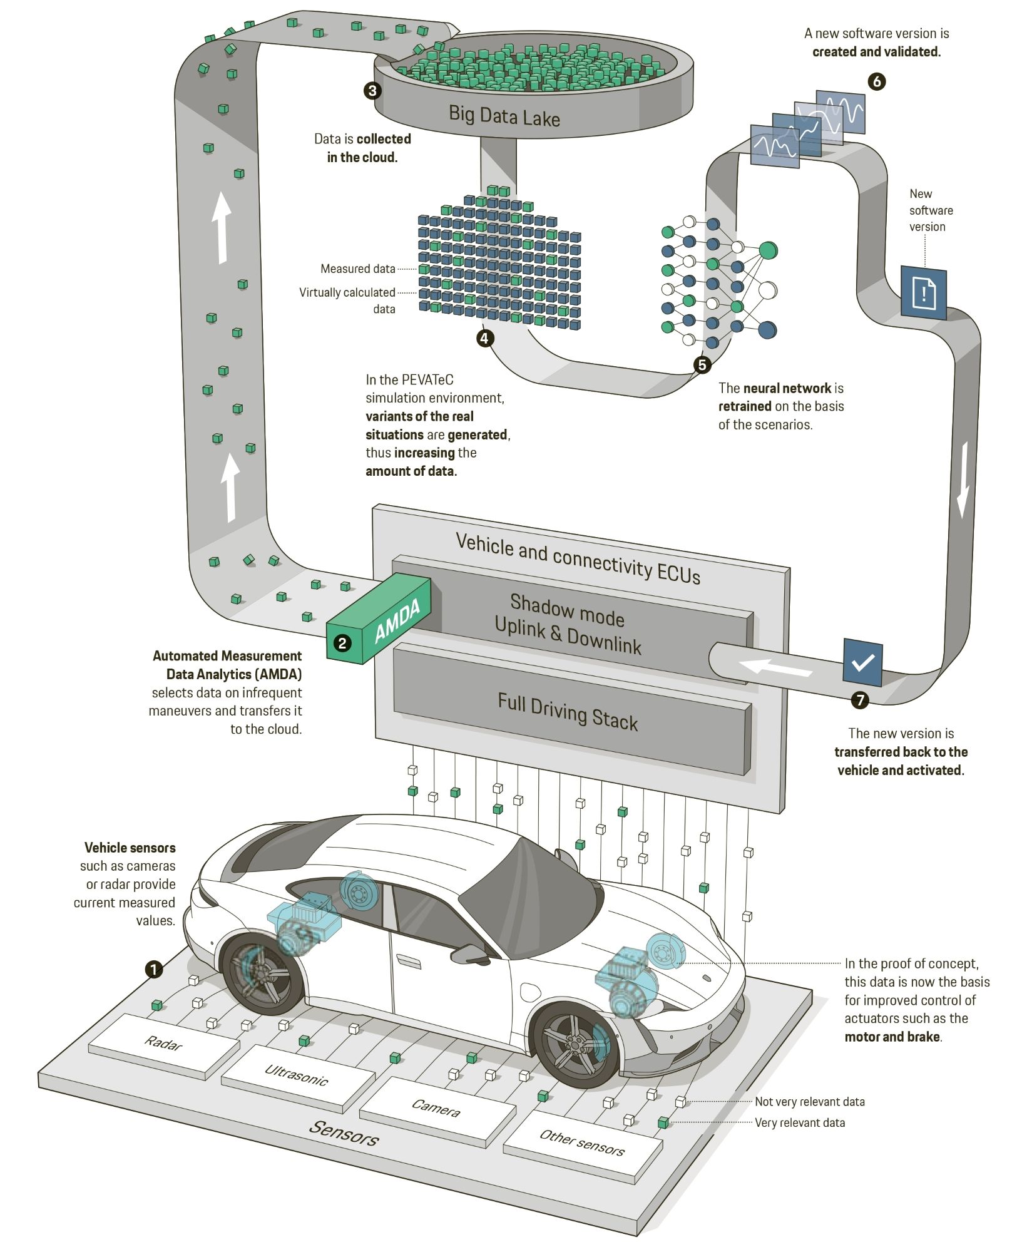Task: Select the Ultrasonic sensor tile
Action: pyautogui.click(x=297, y=1075)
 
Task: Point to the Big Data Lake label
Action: pyautogui.click(x=504, y=116)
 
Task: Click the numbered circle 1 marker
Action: pyautogui.click(x=154, y=970)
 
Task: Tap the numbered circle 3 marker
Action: pyautogui.click(x=372, y=91)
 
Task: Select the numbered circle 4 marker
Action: pyautogui.click(x=485, y=338)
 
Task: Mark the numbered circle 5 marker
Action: pyautogui.click(x=702, y=364)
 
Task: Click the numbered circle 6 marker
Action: pyautogui.click(x=877, y=81)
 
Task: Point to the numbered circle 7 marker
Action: pyautogui.click(x=861, y=699)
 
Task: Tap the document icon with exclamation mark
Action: pyautogui.click(x=924, y=292)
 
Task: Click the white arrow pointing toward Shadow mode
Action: pyautogui.click(x=776, y=667)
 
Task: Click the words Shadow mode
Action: pyautogui.click(x=567, y=610)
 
